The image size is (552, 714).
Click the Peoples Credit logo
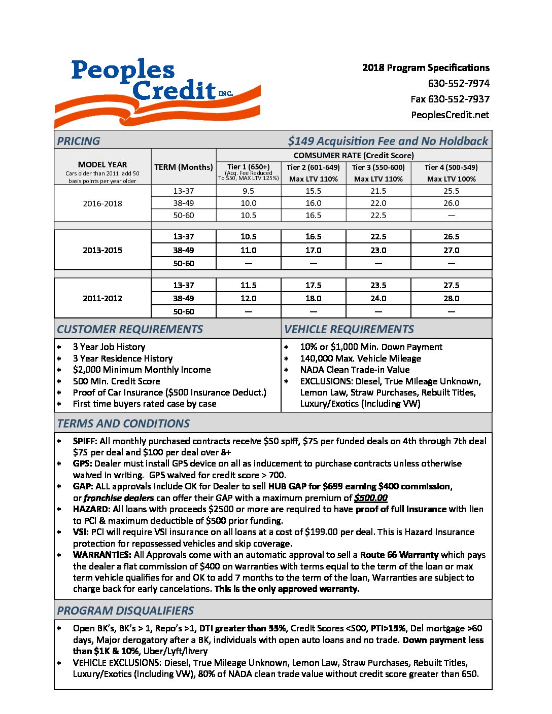click(157, 91)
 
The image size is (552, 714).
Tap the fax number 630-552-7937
click(450, 99)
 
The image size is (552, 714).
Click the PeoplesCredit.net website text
click(450, 115)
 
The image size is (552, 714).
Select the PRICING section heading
click(79, 141)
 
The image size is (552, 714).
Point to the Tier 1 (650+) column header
click(249, 167)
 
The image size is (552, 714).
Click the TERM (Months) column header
click(184, 167)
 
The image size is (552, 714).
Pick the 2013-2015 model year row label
click(102, 250)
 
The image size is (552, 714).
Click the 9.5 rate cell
click(249, 191)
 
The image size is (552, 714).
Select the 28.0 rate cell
click(451, 298)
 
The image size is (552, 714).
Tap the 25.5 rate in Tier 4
click(451, 191)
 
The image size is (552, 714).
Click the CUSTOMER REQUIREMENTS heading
click(130, 329)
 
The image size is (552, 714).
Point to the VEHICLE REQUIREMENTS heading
click(349, 329)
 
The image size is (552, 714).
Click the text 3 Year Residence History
click(123, 359)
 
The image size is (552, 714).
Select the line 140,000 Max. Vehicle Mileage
click(360, 359)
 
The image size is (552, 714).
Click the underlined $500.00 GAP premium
click(371, 498)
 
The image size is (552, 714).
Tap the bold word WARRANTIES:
click(102, 555)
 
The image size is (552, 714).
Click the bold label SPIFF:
click(85, 441)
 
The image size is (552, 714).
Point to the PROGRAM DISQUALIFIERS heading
click(125, 611)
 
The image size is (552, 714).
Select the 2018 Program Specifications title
click(426, 67)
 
